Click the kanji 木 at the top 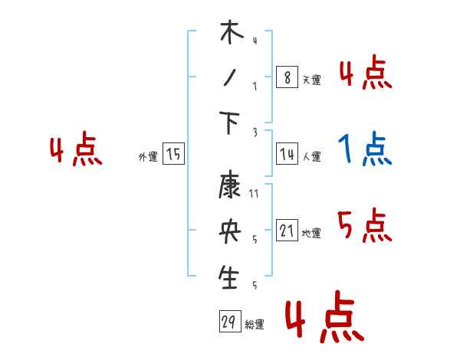pos(231,34)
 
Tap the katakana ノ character pos(230,79)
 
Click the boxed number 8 pos(287,77)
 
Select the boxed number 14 pos(287,155)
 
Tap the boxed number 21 pos(287,231)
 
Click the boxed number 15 pos(173,155)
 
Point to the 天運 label pos(311,80)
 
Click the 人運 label pos(311,157)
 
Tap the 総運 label pos(255,325)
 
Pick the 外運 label pos(148,157)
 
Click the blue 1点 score pos(365,149)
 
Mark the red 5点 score pos(365,225)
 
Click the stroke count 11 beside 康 pos(254,195)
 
